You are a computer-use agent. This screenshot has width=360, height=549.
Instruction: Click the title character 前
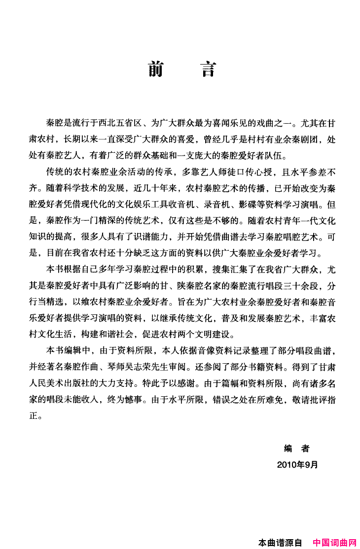(156, 69)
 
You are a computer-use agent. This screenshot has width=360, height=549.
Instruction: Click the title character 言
(209, 69)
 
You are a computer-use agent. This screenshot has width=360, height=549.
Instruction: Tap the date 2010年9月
(297, 464)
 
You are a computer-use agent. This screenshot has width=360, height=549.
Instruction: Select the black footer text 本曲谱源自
(280, 543)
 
